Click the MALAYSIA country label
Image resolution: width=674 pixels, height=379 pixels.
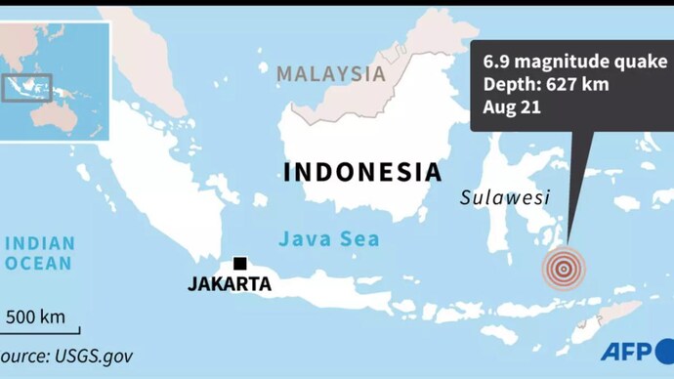click(330, 73)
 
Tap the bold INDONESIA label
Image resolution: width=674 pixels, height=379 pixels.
click(362, 173)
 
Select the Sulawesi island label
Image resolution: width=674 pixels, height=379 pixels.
click(505, 199)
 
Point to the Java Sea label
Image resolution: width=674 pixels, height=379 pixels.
click(329, 238)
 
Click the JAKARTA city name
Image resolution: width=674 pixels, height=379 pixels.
click(230, 285)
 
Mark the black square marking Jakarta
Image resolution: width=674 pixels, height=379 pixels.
click(239, 264)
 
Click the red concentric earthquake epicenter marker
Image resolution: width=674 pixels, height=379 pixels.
click(564, 267)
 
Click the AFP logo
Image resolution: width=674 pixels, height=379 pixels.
click(629, 352)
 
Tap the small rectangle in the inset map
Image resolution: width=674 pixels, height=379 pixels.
click(26, 89)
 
